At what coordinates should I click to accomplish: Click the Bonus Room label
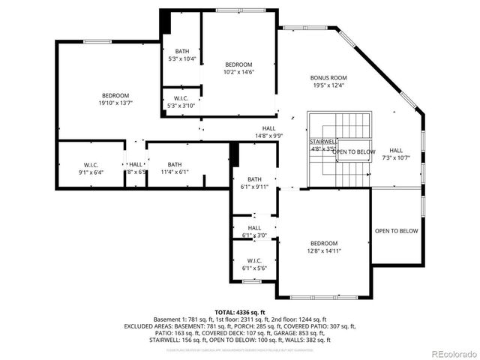click(x=328, y=77)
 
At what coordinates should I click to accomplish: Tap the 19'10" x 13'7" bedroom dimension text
click(x=116, y=104)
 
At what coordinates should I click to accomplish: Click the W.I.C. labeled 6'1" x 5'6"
click(x=255, y=263)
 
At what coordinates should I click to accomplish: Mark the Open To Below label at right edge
click(x=396, y=231)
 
